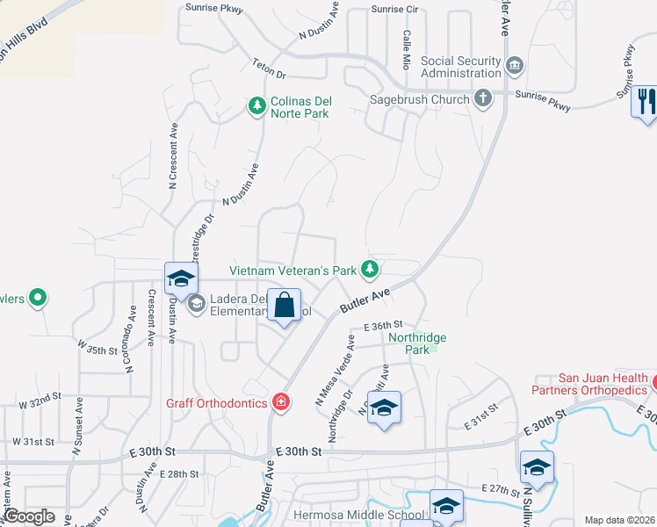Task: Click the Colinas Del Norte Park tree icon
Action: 256,106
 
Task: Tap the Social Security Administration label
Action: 461,67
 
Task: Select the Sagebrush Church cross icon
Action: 482,98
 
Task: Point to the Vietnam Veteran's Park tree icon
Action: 371,269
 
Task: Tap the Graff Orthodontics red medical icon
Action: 280,402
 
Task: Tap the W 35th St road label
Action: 97,350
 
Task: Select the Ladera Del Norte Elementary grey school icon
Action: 197,304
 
